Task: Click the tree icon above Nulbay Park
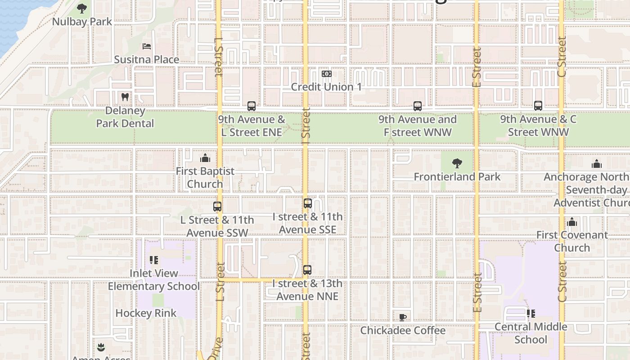pyautogui.click(x=82, y=8)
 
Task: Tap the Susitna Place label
pyautogui.click(x=146, y=59)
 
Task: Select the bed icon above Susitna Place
pyautogui.click(x=146, y=46)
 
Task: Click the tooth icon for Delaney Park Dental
pyautogui.click(x=125, y=96)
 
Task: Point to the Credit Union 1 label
pyautogui.click(x=326, y=87)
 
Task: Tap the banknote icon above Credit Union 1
pyautogui.click(x=327, y=74)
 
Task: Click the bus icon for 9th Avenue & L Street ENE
pyautogui.click(x=252, y=106)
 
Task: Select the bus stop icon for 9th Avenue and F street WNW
pyautogui.click(x=418, y=106)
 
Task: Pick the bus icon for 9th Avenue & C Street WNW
pyautogui.click(x=538, y=106)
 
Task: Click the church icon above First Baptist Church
pyautogui.click(x=205, y=158)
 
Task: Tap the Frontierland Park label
pyautogui.click(x=457, y=177)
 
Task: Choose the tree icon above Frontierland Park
pyautogui.click(x=457, y=163)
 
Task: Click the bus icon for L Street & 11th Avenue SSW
pyautogui.click(x=217, y=207)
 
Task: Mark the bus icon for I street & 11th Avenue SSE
pyautogui.click(x=308, y=203)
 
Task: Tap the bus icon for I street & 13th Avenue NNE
pyautogui.click(x=307, y=270)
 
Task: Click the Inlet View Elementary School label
pyautogui.click(x=153, y=280)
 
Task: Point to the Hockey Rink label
pyautogui.click(x=146, y=313)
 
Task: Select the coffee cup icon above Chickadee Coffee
pyautogui.click(x=403, y=317)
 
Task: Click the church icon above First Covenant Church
pyautogui.click(x=572, y=222)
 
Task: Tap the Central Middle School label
pyautogui.click(x=531, y=333)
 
